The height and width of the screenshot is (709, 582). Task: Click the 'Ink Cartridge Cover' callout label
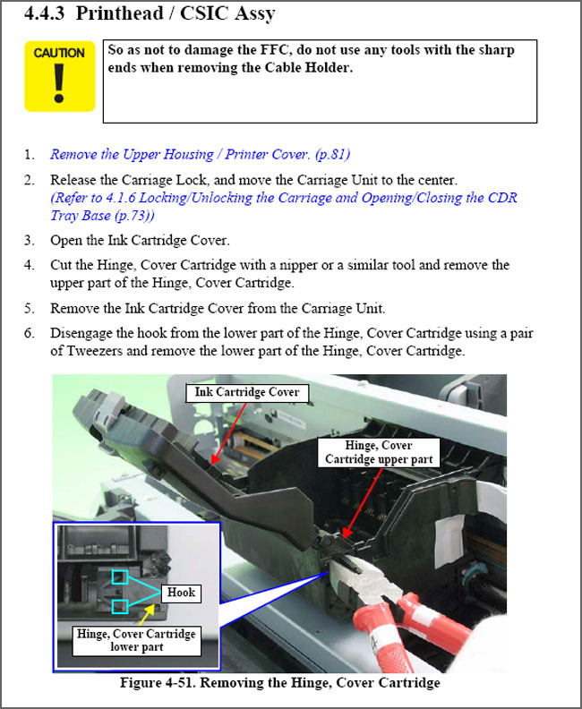tap(247, 392)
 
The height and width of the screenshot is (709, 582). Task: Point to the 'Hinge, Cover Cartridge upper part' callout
tap(379, 452)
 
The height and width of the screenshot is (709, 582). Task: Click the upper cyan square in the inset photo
tap(120, 577)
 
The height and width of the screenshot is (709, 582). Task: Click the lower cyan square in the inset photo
tap(120, 607)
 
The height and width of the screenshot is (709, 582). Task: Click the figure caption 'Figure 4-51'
tap(279, 684)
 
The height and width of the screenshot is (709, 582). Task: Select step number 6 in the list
tap(30, 333)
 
